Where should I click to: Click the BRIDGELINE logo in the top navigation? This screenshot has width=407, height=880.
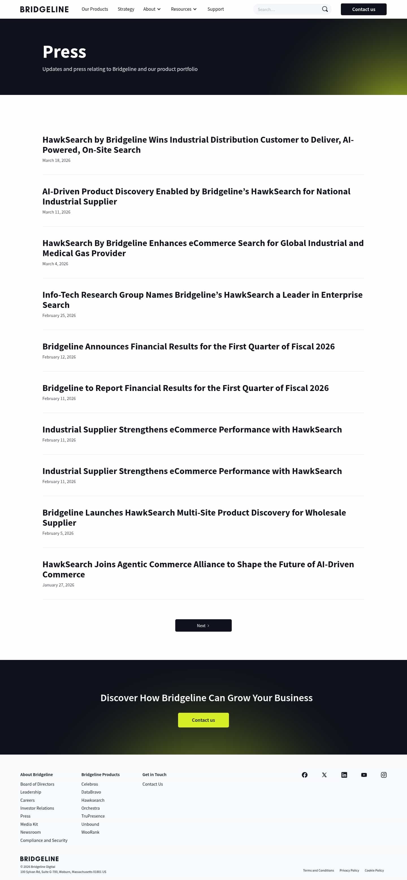44,9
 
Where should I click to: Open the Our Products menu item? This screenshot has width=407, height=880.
95,9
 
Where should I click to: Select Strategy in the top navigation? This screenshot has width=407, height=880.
126,9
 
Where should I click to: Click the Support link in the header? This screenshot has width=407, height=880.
215,9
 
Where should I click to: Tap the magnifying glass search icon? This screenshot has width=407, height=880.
325,9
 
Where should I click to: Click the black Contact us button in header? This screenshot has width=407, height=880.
363,9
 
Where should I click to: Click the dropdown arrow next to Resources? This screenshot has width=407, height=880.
195,9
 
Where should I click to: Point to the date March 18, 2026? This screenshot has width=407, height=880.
56,160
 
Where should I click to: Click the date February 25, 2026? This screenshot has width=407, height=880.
59,315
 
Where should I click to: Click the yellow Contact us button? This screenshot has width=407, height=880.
203,720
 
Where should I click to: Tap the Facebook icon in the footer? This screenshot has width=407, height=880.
304,774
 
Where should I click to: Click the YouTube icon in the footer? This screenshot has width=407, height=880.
364,774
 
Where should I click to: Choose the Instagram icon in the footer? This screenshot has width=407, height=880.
384,774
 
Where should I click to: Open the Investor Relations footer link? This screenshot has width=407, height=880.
37,808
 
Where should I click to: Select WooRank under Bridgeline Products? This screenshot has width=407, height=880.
90,832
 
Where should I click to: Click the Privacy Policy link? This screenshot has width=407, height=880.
349,870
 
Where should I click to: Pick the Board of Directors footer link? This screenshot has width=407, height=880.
37,784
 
